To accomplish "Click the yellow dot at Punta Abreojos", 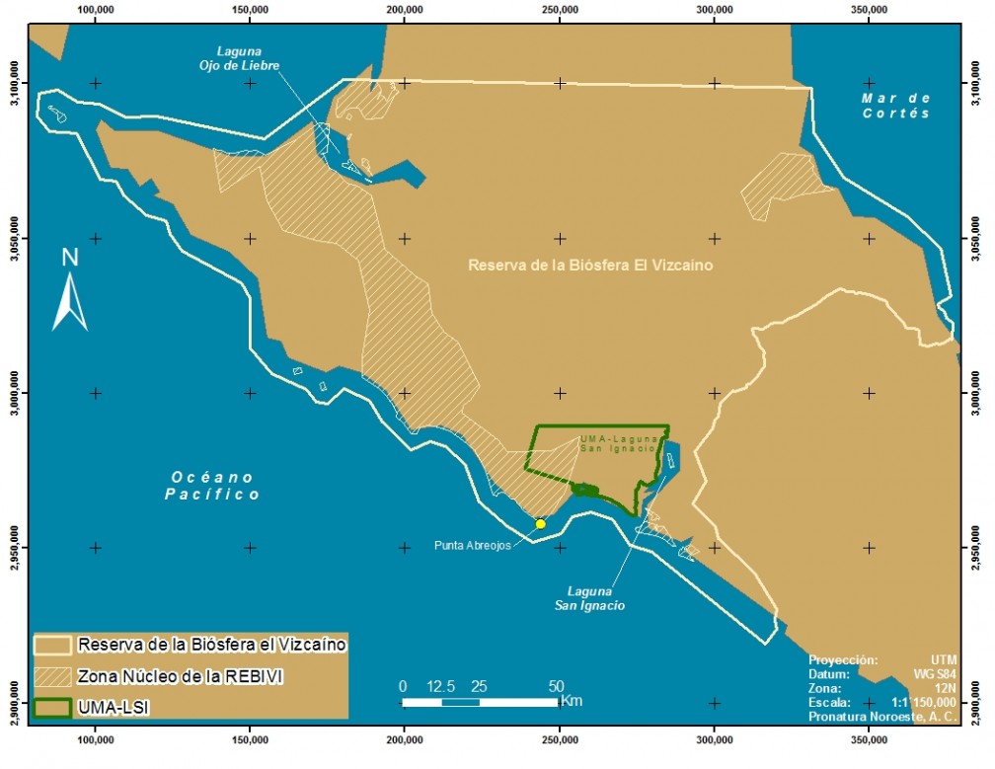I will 540,524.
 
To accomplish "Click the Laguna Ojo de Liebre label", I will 247,58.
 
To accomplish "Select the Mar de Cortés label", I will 895,106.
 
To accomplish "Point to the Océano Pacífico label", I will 212,486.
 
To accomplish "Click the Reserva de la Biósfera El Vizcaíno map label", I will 590,266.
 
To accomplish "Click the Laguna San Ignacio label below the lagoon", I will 589,598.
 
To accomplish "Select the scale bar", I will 480,702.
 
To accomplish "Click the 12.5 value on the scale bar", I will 441,686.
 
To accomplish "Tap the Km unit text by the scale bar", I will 571,701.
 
